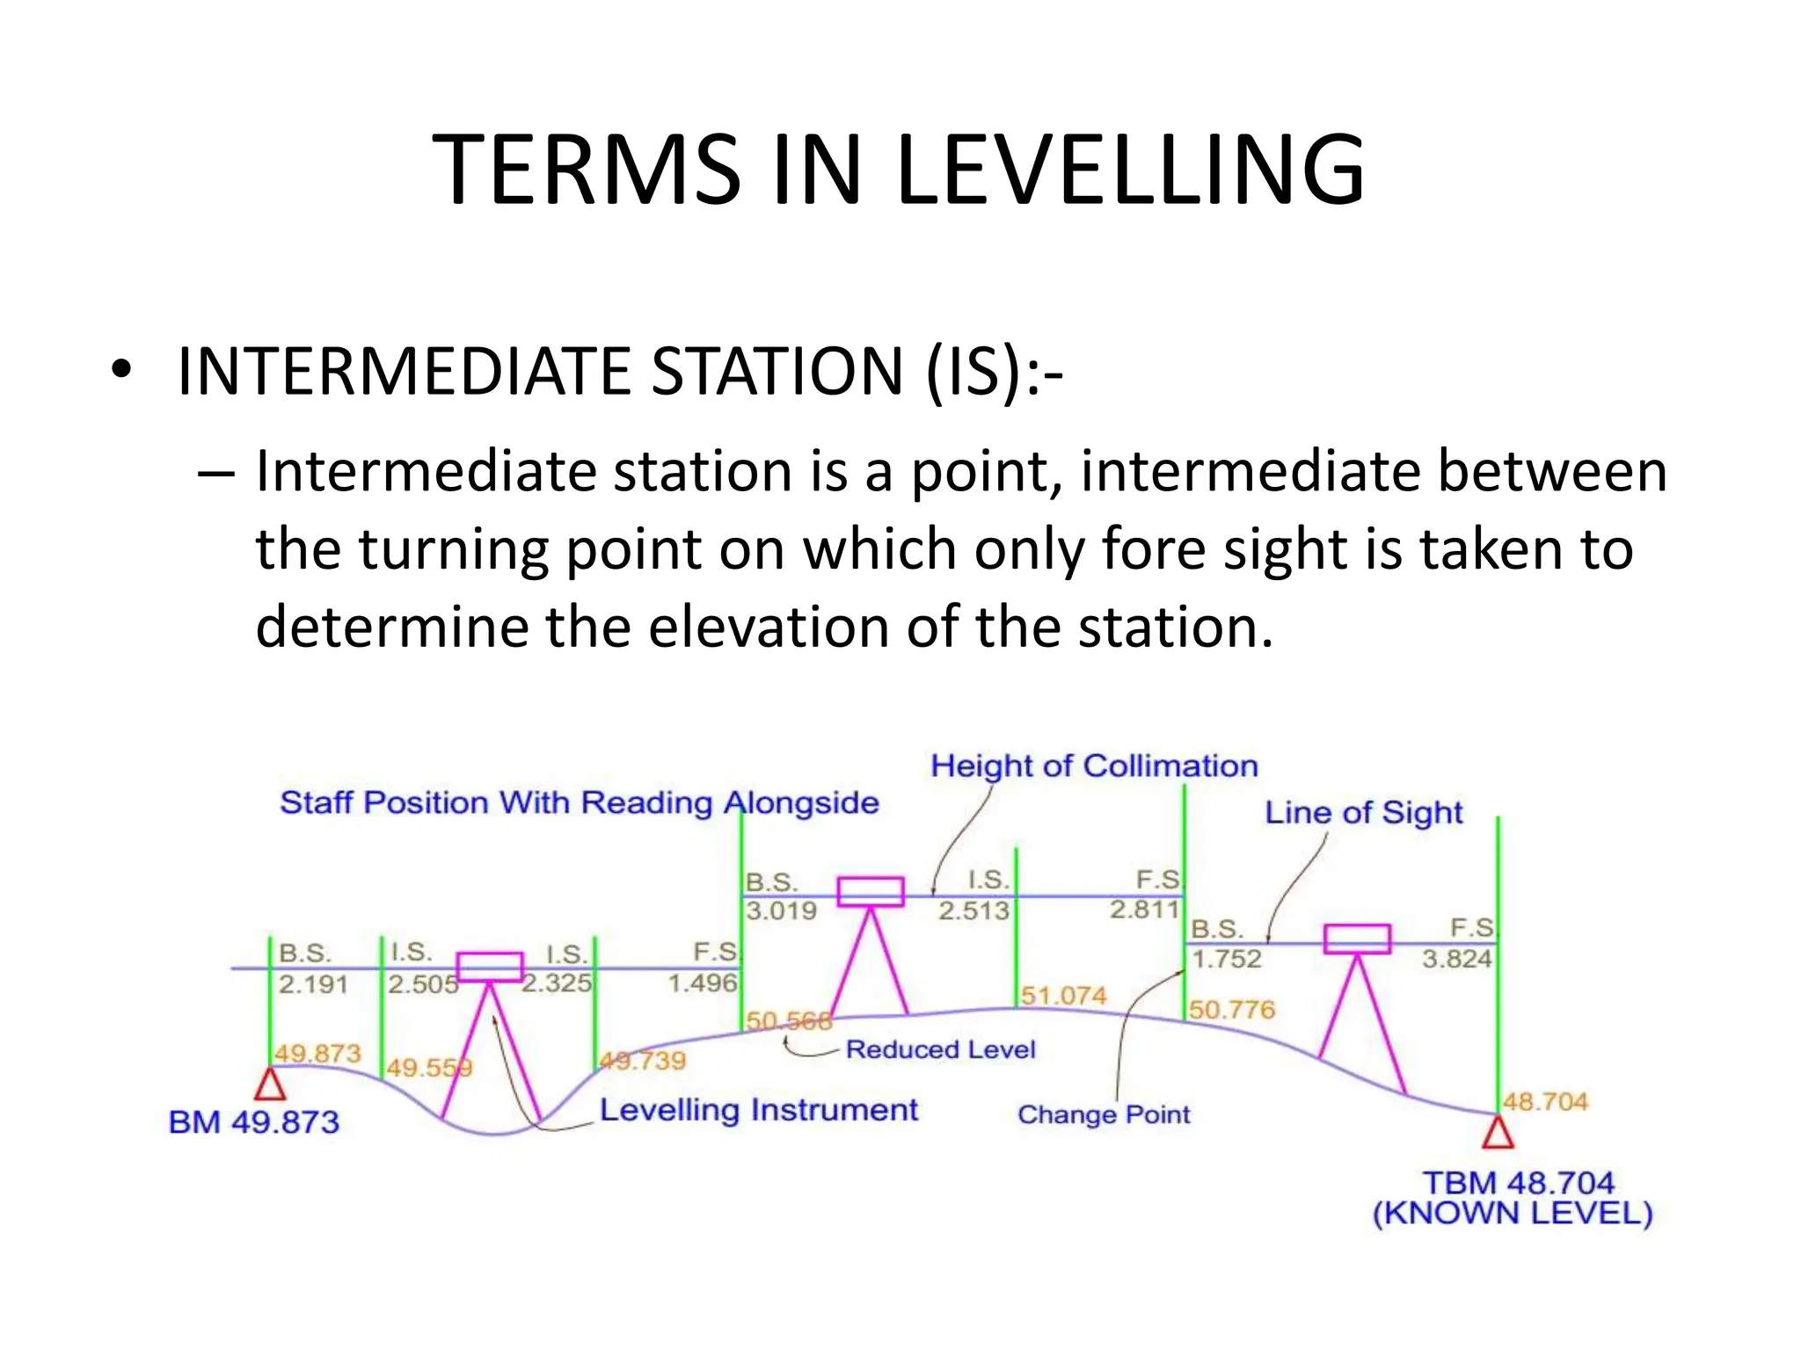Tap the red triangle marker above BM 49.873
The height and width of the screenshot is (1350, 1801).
270,1085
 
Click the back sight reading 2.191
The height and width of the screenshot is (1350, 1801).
313,984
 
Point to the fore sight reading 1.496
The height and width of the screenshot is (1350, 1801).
702,983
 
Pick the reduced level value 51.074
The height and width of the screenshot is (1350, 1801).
1063,996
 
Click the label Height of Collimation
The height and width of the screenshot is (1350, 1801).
1094,766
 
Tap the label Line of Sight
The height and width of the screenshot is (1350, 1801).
1363,813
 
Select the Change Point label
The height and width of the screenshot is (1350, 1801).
1104,1114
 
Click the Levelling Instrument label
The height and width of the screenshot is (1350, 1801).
758,1110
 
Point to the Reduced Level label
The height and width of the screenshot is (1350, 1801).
940,1049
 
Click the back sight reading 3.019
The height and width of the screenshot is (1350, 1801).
781,911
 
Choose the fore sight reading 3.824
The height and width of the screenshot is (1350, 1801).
1456,959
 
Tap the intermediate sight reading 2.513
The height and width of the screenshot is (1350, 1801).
973,911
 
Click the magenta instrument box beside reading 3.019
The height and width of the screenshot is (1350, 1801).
870,891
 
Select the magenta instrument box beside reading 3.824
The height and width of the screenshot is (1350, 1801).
1357,939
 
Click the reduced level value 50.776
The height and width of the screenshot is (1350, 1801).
1231,1010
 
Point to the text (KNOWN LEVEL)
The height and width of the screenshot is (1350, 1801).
1513,1214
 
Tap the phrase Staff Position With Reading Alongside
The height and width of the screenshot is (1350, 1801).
579,802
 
